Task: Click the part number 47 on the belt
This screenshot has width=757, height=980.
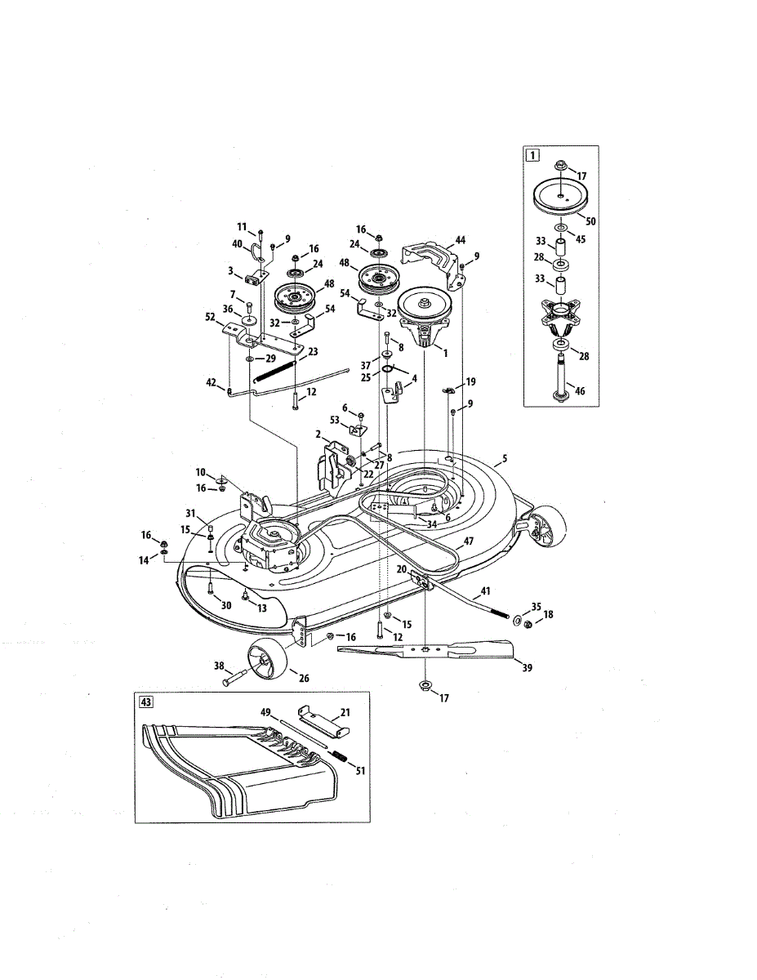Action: (x=469, y=541)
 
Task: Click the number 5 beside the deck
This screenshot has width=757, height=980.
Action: (x=505, y=459)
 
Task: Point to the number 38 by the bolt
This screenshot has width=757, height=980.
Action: (x=218, y=666)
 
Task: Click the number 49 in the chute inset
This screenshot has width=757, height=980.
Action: (x=266, y=711)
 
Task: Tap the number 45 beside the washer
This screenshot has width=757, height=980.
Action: (x=581, y=239)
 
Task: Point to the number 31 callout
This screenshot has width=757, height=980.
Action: (x=189, y=513)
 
